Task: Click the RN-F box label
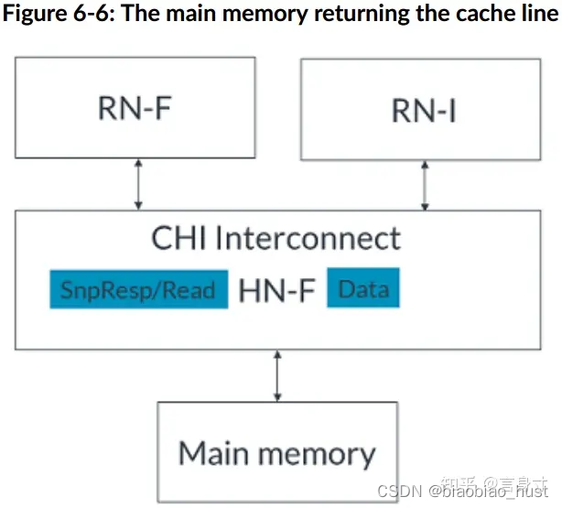tap(135, 107)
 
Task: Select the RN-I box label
tap(424, 110)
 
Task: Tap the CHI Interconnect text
tap(276, 238)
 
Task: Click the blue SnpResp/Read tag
tap(138, 290)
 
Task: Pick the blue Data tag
tap(363, 289)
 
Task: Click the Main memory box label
tap(276, 453)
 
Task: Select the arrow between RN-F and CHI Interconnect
tap(138, 182)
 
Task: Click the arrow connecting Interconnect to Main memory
tap(276, 375)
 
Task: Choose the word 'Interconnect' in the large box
tap(308, 238)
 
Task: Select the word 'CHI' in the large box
tap(179, 238)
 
